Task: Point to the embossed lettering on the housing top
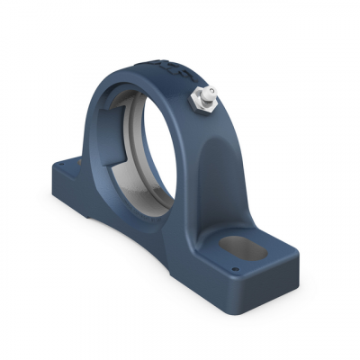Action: coord(166,67)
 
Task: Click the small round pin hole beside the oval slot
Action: coord(235,267)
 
